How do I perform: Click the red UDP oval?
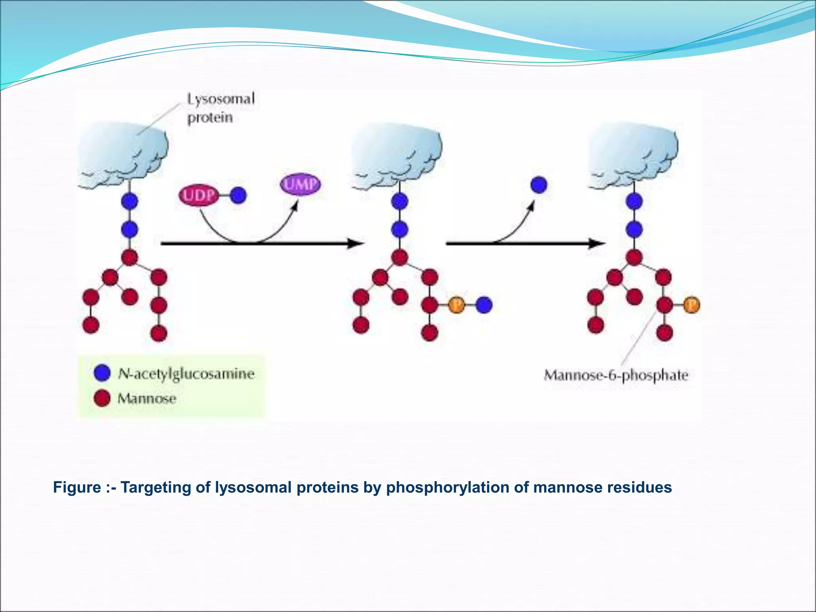click(x=198, y=195)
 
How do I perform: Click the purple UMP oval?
click(x=300, y=184)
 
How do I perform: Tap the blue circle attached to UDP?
click(x=238, y=195)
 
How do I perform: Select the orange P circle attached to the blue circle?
click(x=457, y=305)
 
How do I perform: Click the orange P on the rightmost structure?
click(x=691, y=305)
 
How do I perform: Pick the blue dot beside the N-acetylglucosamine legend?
click(x=102, y=373)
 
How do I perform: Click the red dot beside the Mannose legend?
click(x=102, y=398)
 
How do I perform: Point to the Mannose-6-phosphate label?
click(x=616, y=375)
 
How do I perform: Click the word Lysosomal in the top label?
click(x=221, y=99)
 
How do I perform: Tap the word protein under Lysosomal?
click(x=210, y=118)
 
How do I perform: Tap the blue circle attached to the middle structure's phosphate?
click(x=484, y=305)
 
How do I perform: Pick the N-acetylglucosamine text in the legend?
click(x=186, y=373)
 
